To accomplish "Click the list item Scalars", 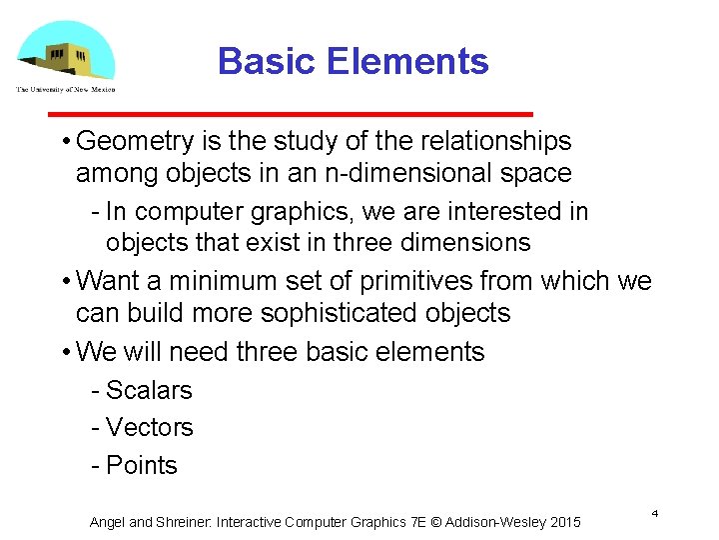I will pos(149,390).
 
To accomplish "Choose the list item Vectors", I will pos(149,428).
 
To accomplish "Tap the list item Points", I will pos(141,465).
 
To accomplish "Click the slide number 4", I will pos(654,513).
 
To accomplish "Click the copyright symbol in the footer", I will pos(434,522).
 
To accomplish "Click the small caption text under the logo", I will pos(66,89).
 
